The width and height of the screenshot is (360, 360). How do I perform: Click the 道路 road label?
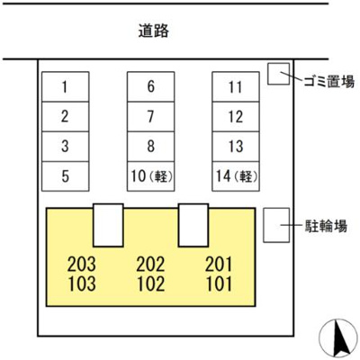coord(153,31)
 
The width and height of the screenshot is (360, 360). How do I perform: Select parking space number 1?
coord(66,86)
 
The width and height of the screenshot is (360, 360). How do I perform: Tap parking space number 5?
coord(66,176)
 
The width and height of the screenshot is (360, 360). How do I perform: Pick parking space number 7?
coord(150,117)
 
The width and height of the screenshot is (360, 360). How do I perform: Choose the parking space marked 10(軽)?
coord(150,176)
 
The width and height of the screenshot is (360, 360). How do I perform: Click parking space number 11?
coord(236,86)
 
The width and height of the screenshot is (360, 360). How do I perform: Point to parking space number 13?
coord(236,147)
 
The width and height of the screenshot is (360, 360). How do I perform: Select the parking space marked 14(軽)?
coord(236,176)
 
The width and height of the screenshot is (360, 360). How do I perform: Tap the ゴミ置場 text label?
coord(329,81)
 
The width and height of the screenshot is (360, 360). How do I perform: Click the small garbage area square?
coord(279,74)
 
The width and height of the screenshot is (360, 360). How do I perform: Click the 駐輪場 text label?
coord(326,226)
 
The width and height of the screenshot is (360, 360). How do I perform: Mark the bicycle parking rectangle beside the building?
coord(276,225)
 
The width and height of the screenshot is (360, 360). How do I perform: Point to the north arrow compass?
coord(337,339)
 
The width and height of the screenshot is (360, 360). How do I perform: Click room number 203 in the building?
coord(82,264)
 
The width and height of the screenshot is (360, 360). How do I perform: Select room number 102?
coord(151,284)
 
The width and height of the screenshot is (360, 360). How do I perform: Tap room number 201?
coord(219,264)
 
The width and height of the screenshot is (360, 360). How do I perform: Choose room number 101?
coord(219,284)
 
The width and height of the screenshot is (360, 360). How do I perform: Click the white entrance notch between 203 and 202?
coord(108,225)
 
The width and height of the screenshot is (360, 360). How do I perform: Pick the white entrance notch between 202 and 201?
coord(193,225)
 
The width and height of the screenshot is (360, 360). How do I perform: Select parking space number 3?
coord(66,147)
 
